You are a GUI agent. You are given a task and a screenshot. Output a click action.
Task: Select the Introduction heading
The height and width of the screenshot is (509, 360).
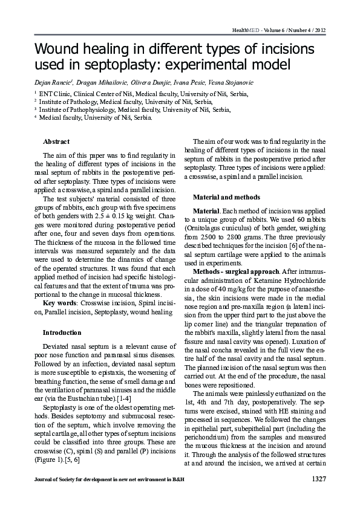(x=61, y=332)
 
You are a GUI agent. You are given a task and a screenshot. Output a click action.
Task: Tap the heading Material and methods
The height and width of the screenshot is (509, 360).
(x=226, y=197)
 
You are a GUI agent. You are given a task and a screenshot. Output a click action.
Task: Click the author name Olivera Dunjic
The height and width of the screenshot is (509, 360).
(x=148, y=82)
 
